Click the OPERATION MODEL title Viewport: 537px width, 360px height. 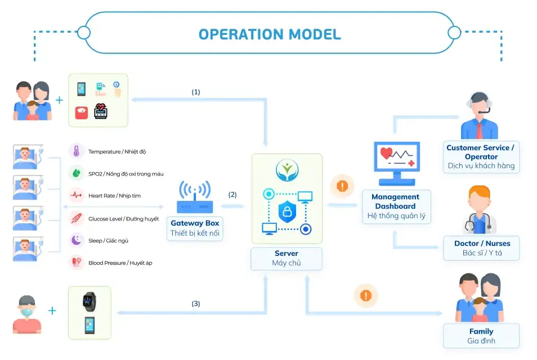point(270,34)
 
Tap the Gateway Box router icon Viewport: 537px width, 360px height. point(194,196)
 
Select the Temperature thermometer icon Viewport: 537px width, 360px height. point(76,151)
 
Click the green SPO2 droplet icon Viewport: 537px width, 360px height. point(76,174)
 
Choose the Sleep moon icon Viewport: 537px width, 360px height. point(76,240)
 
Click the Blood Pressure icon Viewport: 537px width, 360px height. point(76,262)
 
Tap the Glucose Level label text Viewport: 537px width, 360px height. point(123,218)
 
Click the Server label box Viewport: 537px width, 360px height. point(287,258)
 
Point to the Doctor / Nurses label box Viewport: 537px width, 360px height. point(482,248)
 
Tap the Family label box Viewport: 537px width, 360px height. point(481,336)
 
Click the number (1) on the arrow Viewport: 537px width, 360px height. point(196,92)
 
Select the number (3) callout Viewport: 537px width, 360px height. point(195,304)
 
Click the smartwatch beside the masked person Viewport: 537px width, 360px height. point(89,301)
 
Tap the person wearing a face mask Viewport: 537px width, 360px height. point(27,314)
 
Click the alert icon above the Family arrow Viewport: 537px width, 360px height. point(366,295)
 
